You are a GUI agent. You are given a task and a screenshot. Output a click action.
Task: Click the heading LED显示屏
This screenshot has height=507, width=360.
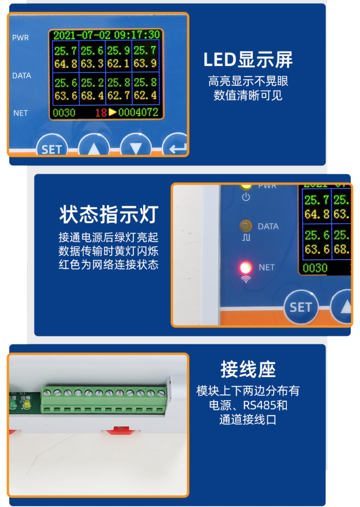[248, 60]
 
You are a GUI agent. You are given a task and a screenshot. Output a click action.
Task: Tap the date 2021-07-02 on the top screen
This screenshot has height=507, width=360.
[82, 35]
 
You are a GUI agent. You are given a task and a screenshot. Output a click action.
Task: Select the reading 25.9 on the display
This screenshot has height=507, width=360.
[118, 51]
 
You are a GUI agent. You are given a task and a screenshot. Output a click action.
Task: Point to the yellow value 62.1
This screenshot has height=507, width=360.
[118, 64]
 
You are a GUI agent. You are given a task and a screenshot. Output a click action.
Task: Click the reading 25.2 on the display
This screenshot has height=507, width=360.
[92, 83]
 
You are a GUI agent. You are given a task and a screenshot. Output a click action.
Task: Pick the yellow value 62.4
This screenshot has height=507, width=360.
[145, 96]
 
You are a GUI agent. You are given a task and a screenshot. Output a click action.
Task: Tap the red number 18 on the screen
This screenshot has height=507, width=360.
[101, 113]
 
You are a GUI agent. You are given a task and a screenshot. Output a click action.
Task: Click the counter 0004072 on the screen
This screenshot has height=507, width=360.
[138, 113]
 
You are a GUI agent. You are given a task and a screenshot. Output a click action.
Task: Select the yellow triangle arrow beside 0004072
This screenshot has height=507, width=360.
[112, 112]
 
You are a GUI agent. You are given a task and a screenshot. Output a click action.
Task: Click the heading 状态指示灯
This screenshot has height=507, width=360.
[109, 214]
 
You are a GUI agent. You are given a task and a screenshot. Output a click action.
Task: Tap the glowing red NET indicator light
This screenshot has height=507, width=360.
[245, 267]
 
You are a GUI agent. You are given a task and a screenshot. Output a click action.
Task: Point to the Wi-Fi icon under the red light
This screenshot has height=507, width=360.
[246, 279]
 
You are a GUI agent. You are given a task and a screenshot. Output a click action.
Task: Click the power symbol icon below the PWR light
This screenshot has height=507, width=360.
[246, 197]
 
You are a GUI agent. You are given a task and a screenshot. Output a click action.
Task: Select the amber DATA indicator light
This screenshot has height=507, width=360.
[245, 226]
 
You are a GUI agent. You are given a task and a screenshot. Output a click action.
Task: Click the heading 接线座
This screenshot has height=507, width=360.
[248, 369]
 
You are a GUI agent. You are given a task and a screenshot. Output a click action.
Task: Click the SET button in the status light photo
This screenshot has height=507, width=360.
[300, 307]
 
